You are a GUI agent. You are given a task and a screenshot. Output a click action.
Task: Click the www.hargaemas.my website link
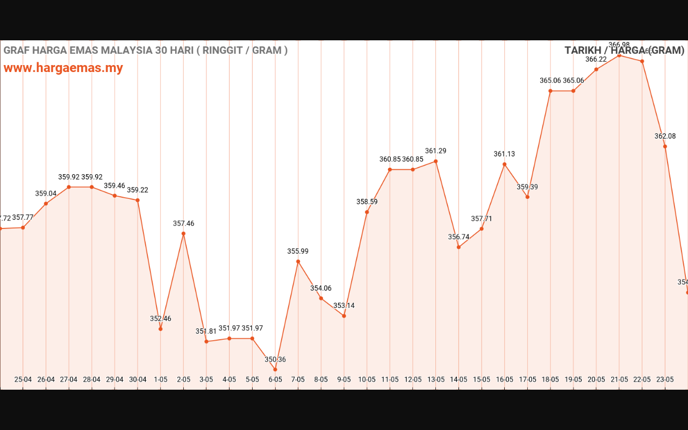(x=63, y=68)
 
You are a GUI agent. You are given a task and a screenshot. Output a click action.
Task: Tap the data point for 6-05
(x=275, y=369)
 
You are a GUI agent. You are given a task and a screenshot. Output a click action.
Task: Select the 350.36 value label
(x=275, y=360)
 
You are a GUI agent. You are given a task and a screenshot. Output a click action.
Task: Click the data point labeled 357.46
(x=183, y=233)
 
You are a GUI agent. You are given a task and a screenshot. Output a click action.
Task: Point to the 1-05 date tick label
(x=161, y=379)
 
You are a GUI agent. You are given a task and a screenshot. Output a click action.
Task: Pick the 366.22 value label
(x=596, y=60)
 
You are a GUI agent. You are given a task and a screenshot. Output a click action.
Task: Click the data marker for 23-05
(x=665, y=146)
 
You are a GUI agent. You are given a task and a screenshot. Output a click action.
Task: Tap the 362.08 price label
(x=665, y=136)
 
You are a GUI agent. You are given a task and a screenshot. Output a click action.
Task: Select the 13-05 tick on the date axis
(x=435, y=379)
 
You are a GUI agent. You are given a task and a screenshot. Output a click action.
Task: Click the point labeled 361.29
(x=435, y=161)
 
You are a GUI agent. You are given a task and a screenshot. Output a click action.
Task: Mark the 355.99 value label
(x=298, y=251)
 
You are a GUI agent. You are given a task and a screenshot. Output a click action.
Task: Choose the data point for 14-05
(x=458, y=247)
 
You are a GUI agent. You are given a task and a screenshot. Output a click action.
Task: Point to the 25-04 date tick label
(x=23, y=379)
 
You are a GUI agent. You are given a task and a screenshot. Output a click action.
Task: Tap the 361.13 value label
(x=504, y=154)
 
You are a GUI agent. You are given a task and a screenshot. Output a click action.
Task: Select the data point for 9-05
(x=344, y=316)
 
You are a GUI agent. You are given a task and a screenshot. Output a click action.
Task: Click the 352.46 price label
(x=161, y=319)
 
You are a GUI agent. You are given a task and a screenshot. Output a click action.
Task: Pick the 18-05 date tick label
(x=550, y=379)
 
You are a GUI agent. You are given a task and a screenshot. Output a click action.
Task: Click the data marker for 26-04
(x=46, y=204)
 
